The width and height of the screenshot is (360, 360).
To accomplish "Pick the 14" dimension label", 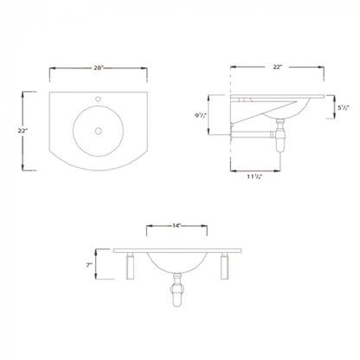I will (x=177, y=226).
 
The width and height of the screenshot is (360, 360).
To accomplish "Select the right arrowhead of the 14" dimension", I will (x=208, y=227).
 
